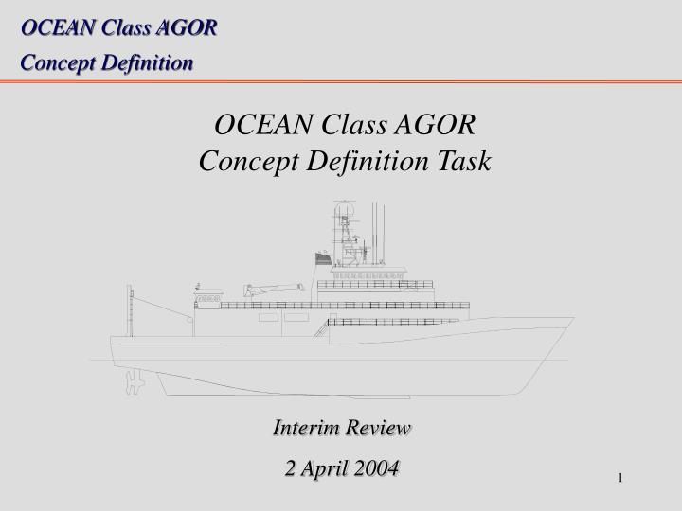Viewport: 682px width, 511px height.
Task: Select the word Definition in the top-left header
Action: click(146, 62)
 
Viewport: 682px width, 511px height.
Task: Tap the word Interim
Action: click(304, 428)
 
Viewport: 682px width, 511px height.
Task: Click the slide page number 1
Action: click(621, 477)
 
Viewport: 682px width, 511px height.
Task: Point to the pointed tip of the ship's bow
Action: click(572, 320)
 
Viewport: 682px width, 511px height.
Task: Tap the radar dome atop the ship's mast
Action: click(341, 211)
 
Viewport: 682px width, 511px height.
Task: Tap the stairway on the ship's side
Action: click(321, 328)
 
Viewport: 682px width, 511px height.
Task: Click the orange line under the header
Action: click(341, 83)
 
